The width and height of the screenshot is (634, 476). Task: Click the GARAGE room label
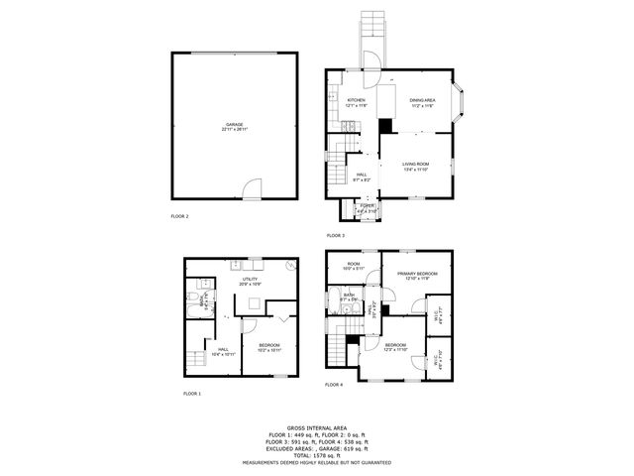pyautogui.click(x=235, y=125)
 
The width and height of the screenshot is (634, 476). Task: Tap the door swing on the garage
pyautogui.click(x=253, y=187)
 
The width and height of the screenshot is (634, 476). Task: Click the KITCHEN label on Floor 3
pyautogui.click(x=356, y=102)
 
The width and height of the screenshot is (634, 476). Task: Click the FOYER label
pyautogui.click(x=367, y=207)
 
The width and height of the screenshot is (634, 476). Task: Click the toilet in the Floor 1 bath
pyautogui.click(x=193, y=296)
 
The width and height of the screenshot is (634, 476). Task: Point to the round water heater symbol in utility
pyautogui.click(x=289, y=266)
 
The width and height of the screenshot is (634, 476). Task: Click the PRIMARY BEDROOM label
pyautogui.click(x=417, y=275)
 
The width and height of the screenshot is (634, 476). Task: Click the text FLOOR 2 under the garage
pyautogui.click(x=179, y=216)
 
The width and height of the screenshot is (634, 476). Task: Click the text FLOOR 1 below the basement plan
pyautogui.click(x=191, y=394)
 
